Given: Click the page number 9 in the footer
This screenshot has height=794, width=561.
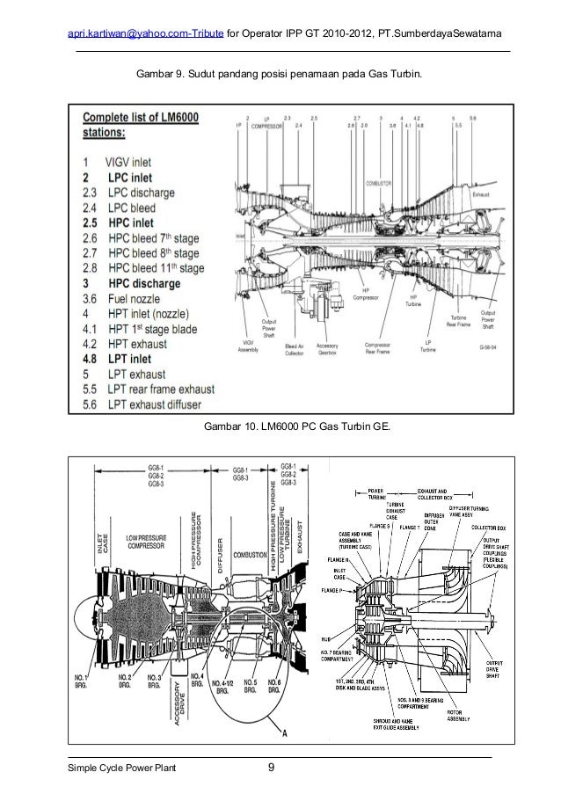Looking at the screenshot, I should tap(272, 771).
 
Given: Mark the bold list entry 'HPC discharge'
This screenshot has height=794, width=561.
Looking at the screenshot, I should tap(143, 283).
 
